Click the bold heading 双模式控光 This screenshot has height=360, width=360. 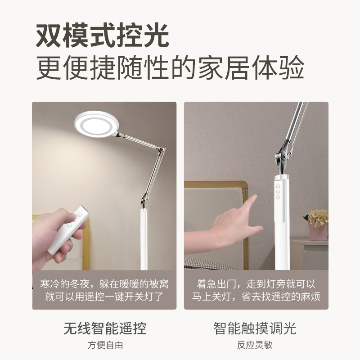point(103,36)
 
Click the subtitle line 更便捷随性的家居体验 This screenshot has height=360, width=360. point(170,67)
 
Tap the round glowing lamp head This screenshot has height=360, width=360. point(97,124)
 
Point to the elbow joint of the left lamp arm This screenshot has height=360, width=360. point(162,150)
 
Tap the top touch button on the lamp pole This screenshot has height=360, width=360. point(278,186)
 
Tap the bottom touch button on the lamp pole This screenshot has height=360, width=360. point(278,197)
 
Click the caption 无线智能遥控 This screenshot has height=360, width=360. point(105,328)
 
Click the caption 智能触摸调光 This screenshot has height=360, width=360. point(255,328)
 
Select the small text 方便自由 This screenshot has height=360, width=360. point(105,345)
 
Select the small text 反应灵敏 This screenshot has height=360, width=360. point(255,345)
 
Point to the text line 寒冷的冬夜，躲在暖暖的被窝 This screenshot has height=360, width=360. point(104,284)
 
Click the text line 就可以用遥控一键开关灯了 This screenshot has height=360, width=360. point(104,297)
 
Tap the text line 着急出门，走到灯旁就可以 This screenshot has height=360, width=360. point(256,284)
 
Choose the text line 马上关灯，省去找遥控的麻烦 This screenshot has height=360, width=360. point(256,297)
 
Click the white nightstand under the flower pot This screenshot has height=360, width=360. point(309,254)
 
